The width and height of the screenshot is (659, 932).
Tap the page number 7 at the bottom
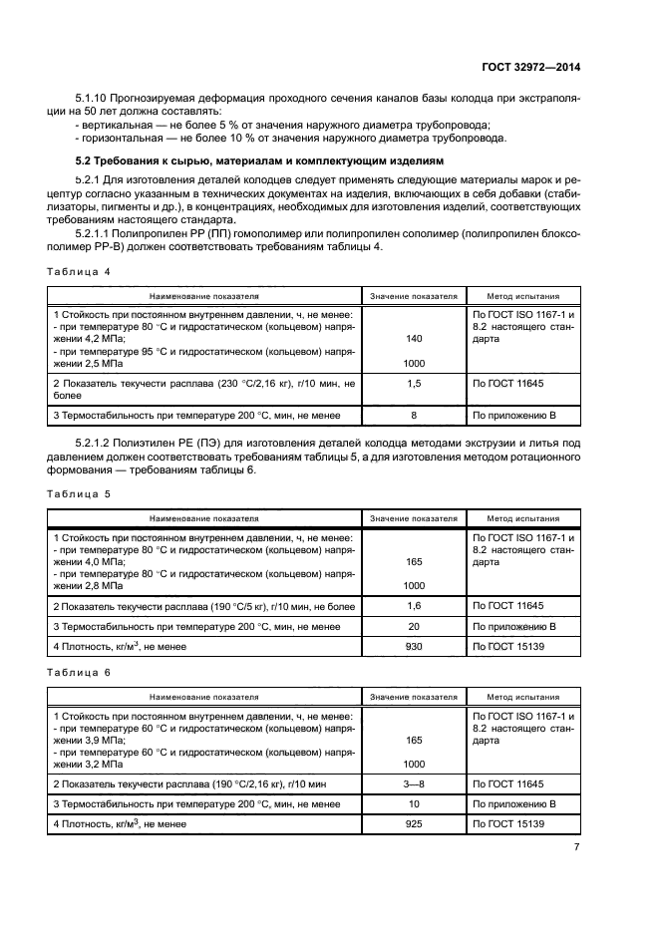577,847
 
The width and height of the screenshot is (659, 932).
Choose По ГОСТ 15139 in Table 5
508,646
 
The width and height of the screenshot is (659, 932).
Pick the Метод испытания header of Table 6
522,697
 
